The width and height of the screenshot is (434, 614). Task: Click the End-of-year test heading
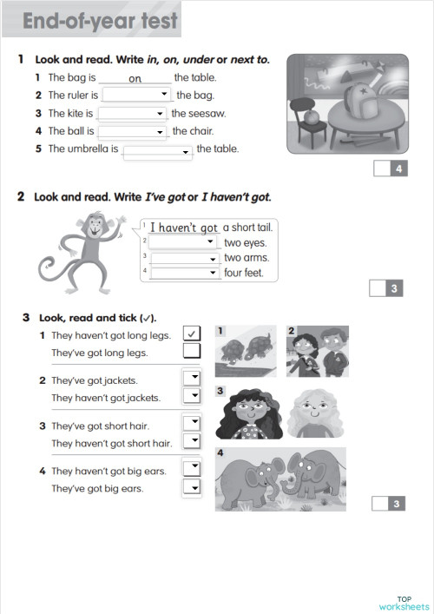100,21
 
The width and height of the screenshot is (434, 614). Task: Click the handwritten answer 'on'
135,78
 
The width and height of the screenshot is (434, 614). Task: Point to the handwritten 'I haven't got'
184,228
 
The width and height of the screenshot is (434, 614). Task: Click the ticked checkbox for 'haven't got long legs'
192,333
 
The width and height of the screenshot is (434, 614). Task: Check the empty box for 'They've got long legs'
192,352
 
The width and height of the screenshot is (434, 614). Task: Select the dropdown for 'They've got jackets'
192,378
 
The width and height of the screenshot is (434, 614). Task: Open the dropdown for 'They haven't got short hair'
192,441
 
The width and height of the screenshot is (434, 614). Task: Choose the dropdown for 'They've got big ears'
192,487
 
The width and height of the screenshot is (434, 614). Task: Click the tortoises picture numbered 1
246,351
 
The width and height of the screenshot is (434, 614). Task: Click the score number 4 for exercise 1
398,169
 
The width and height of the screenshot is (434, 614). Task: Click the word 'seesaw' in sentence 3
207,114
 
